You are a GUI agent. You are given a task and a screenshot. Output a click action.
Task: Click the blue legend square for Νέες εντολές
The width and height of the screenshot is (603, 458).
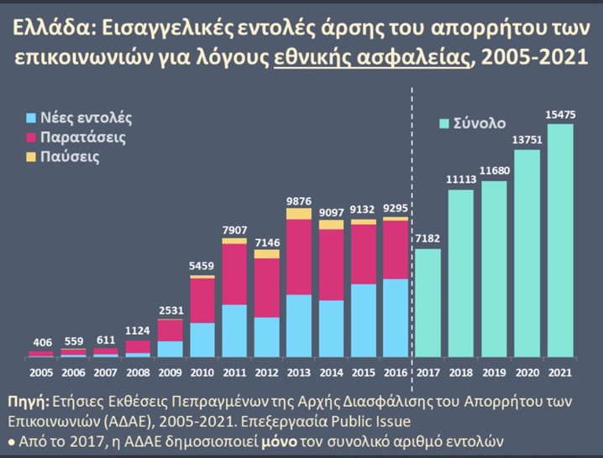pyautogui.click(x=32, y=118)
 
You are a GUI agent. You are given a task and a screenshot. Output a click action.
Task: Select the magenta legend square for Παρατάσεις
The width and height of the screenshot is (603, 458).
pyautogui.click(x=32, y=137)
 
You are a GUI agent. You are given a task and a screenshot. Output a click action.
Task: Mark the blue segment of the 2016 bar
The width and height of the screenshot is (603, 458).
pyautogui.click(x=395, y=318)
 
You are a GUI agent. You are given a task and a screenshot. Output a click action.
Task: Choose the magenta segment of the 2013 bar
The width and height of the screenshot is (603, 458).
pyautogui.click(x=299, y=257)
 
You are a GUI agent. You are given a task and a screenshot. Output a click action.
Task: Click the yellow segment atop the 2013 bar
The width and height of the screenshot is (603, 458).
pyautogui.click(x=299, y=213)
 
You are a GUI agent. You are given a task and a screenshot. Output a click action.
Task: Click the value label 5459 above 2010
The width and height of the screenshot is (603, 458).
pyautogui.click(x=202, y=266)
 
